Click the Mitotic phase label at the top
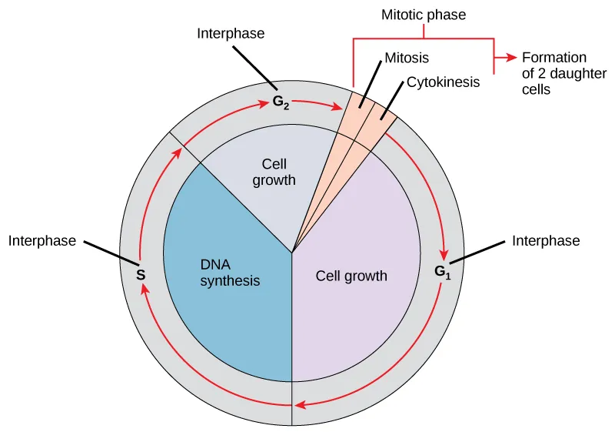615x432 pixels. point(424,14)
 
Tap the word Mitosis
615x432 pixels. point(406,58)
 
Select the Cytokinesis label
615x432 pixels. point(443,82)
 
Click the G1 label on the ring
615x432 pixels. point(440,271)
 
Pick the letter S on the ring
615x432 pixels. point(141,274)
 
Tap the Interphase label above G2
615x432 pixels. point(231,33)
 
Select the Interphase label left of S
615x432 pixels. point(42,241)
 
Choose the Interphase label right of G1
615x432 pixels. point(546,241)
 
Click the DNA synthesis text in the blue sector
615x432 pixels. point(230,273)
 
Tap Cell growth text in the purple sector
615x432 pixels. point(351,275)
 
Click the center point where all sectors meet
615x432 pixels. point(292,252)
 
